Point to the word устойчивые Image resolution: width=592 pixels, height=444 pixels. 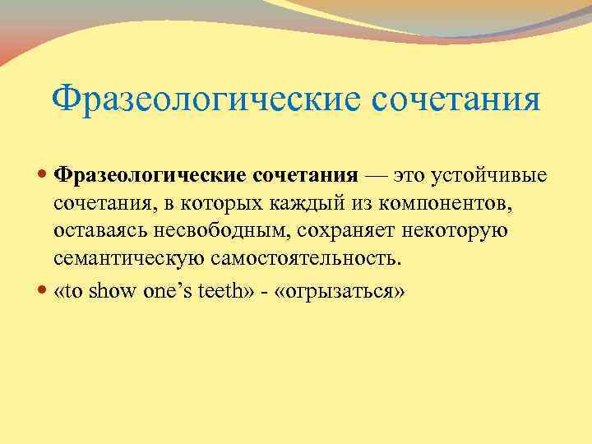[x=493, y=175]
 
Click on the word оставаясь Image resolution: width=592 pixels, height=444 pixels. [x=99, y=231]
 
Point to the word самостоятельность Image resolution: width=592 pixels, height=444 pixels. [x=306, y=259]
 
